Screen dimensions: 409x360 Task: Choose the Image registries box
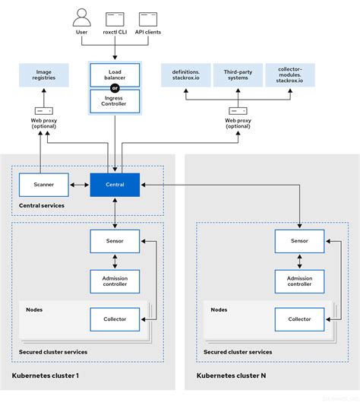coord(43,75)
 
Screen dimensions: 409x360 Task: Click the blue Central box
coord(114,184)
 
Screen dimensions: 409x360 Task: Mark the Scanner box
coord(43,184)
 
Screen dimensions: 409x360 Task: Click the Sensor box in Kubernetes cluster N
coord(299,241)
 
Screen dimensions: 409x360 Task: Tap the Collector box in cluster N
coord(299,319)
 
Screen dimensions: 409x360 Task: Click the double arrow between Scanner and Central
coord(79,184)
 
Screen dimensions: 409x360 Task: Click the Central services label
coord(41,205)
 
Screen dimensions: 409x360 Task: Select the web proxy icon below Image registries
coord(43,111)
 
